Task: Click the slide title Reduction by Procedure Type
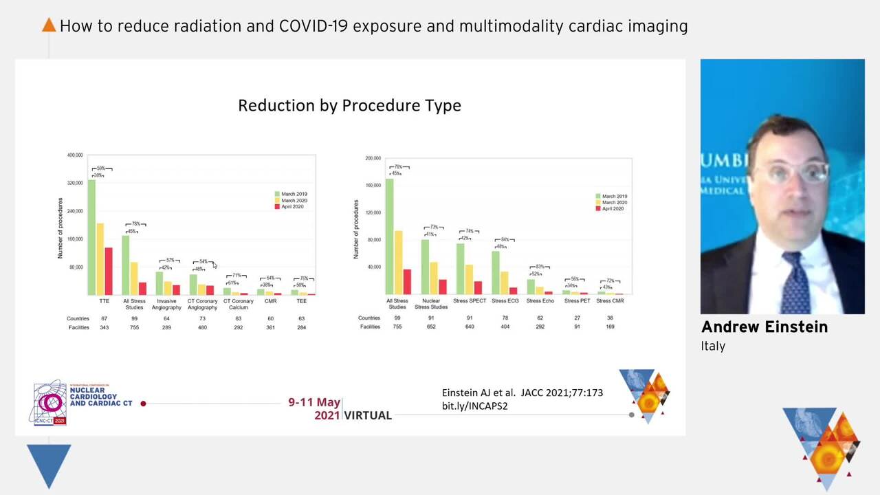[349, 105]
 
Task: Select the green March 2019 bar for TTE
[91, 237]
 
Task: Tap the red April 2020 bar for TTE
[109, 271]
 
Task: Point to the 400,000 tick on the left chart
[75, 155]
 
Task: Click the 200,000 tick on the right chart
[373, 158]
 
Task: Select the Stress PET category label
[577, 301]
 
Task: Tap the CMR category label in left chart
[270, 301]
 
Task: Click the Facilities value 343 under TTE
[104, 327]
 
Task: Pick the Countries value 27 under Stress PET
[577, 318]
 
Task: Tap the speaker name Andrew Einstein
[764, 327]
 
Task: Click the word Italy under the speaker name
[713, 346]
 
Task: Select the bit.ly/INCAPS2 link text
[474, 406]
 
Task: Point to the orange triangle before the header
[49, 25]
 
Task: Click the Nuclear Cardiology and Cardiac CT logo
[82, 402]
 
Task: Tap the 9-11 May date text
[314, 402]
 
